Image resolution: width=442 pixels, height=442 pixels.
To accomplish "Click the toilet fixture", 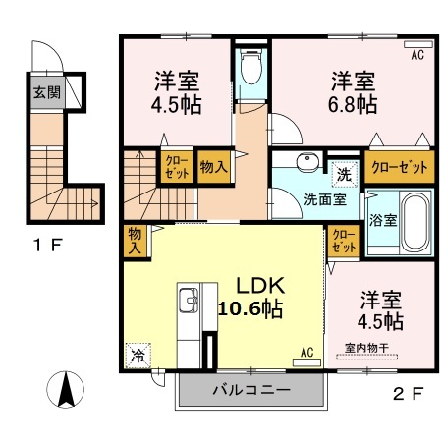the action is click(251, 67).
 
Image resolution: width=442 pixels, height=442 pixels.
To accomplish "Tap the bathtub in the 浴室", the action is click(414, 222).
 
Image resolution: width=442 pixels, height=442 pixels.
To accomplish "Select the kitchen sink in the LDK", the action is click(189, 301).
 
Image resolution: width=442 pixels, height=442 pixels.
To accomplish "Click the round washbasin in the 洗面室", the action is click(307, 162).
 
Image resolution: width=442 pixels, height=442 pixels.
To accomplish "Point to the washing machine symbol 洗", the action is click(345, 175).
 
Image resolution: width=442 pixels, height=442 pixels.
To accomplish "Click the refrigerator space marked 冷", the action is click(138, 356).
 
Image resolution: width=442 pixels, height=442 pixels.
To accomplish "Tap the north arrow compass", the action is click(66, 390).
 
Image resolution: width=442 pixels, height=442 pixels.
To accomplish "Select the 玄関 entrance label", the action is click(47, 92).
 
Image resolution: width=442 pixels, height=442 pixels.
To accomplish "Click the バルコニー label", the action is click(251, 390).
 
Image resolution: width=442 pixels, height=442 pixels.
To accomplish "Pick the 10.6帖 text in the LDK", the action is click(250, 308).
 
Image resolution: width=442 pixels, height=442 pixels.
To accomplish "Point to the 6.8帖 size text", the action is click(353, 104).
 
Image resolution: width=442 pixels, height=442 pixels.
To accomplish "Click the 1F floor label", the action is click(48, 245).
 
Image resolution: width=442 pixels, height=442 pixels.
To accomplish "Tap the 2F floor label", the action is click(409, 393).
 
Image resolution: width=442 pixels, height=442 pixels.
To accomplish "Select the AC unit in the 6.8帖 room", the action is click(418, 44).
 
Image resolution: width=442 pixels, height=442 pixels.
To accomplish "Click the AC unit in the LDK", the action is click(306, 362).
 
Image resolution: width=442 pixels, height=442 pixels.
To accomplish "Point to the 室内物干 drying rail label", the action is click(366, 348).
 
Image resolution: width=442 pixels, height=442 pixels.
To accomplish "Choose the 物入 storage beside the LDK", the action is click(136, 241).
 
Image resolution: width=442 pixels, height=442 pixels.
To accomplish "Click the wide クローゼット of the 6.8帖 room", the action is click(400, 167).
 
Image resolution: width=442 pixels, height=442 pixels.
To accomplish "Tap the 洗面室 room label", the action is click(325, 199).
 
